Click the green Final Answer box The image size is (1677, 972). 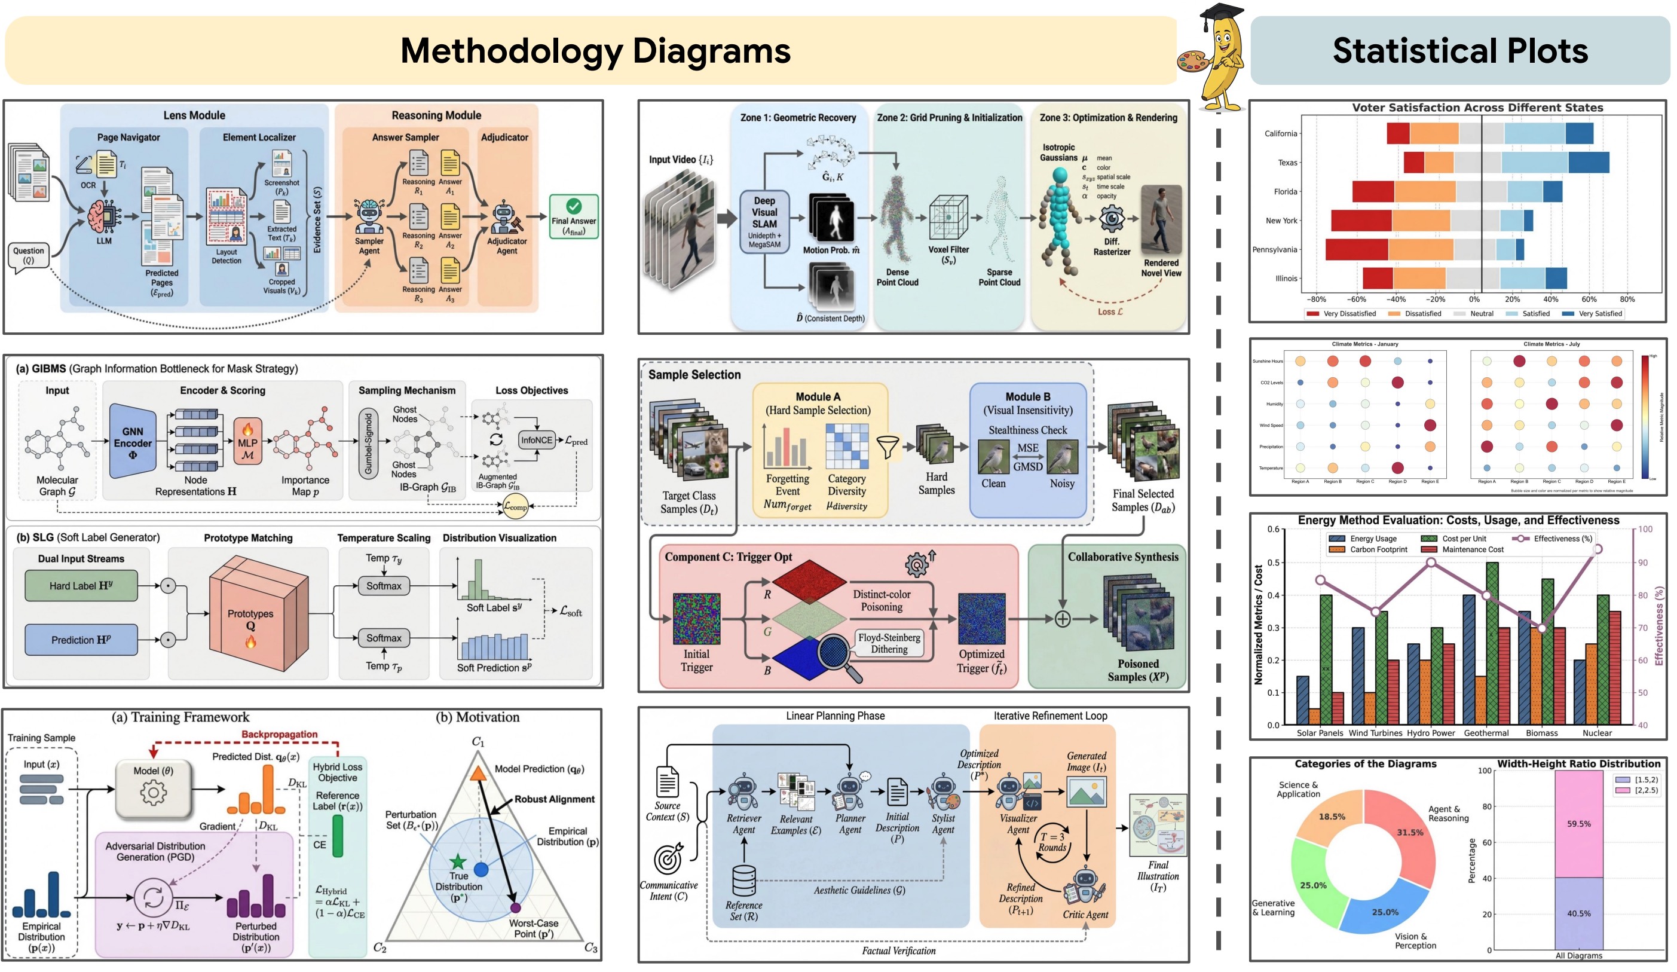point(573,216)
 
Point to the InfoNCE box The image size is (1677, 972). point(536,440)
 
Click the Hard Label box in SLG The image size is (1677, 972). point(81,585)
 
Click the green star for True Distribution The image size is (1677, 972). point(458,862)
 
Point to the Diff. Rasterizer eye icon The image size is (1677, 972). point(1112,218)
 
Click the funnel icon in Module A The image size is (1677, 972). point(888,447)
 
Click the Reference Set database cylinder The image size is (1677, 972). point(743,880)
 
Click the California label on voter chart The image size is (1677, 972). point(1280,133)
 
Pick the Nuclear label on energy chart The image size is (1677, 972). point(1596,732)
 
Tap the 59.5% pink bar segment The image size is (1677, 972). point(1578,824)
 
